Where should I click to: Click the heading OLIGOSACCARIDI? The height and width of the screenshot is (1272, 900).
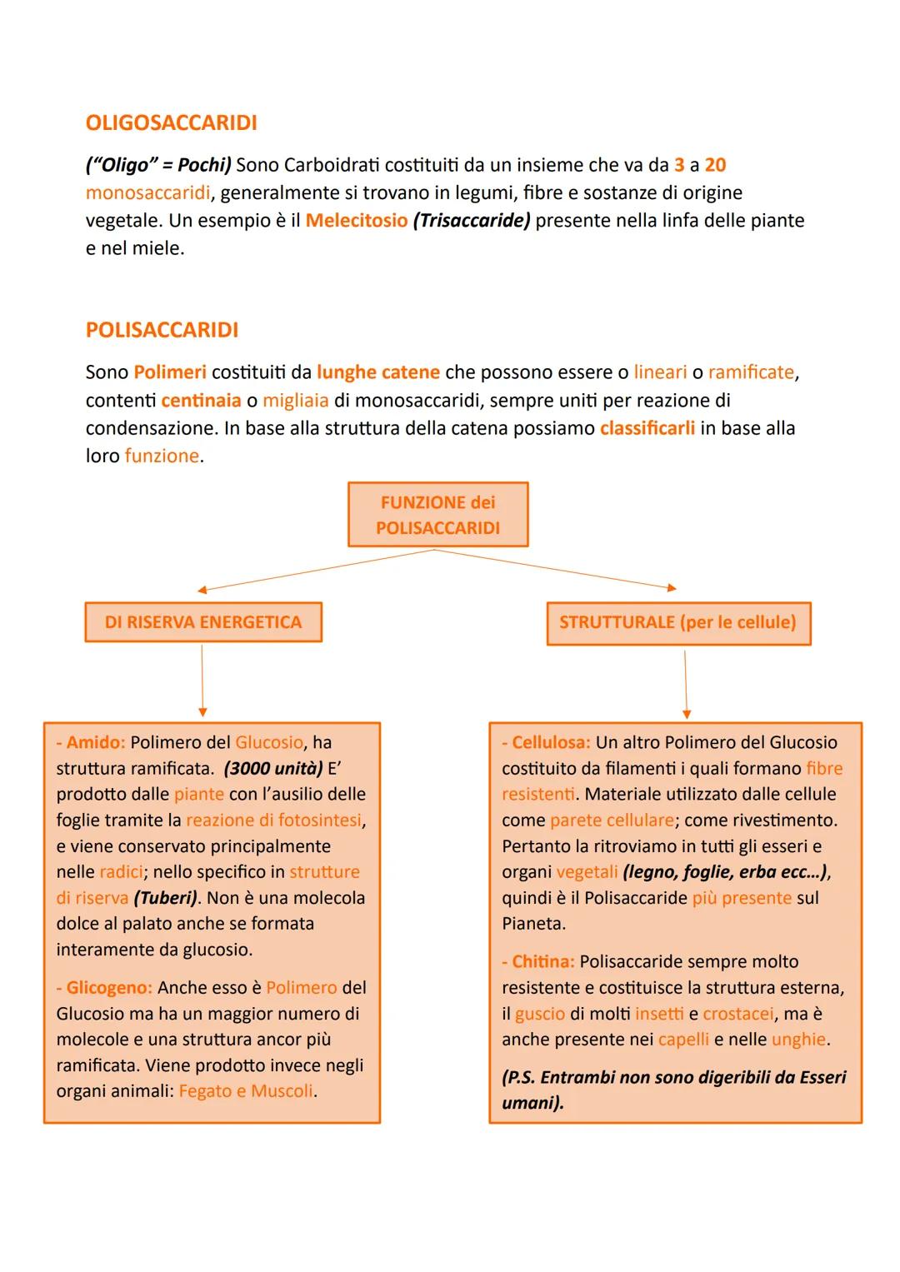171,123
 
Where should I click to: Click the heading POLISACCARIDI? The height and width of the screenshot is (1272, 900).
162,330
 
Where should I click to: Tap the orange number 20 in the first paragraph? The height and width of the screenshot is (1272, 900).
715,165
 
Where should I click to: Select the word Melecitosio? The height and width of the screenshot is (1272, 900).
357,221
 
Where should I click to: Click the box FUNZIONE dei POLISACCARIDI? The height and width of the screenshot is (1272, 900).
437,515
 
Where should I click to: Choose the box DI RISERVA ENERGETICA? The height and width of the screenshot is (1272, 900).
202,622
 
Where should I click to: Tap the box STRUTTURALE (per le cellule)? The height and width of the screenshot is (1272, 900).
677,622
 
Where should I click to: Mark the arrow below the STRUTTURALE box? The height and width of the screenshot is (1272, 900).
686,683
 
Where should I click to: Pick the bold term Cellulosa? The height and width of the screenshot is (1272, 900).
550,742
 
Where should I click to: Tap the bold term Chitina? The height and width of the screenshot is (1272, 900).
542,962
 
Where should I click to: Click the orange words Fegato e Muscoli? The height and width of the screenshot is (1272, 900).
246,1091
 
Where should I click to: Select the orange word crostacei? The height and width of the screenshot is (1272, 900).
738,1014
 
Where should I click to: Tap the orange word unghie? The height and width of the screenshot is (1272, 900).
798,1040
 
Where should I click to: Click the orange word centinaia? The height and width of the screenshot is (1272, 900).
201,401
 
